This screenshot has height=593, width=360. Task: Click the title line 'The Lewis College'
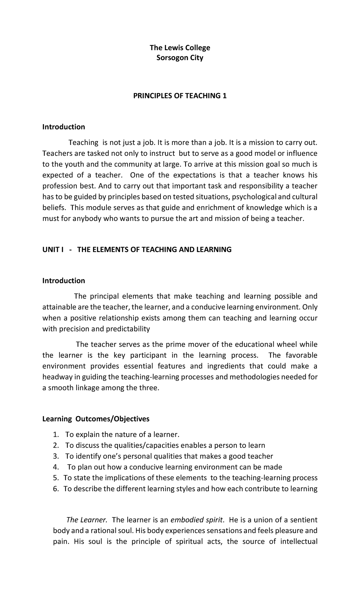tap(180, 48)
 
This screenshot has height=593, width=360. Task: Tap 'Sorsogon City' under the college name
tap(180, 58)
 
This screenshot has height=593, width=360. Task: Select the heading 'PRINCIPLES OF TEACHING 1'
tap(180, 96)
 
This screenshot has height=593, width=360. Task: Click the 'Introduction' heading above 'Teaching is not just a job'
tap(64, 127)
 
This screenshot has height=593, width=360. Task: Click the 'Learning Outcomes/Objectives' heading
tap(96, 419)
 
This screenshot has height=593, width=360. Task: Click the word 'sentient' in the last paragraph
tap(304, 520)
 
